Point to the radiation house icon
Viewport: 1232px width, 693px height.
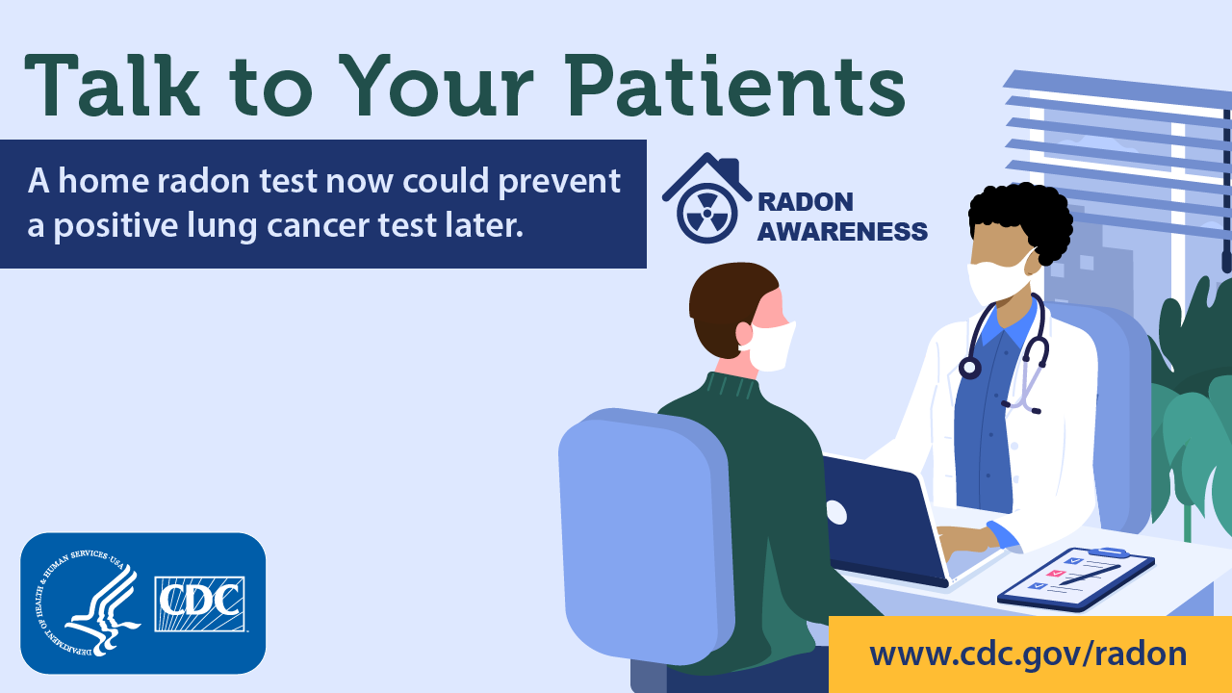pos(706,198)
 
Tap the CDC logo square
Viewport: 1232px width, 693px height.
pos(200,604)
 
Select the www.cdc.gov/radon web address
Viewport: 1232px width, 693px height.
pos(1027,654)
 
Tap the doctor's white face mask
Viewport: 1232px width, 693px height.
pos(997,279)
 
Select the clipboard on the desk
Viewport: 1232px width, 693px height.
pos(1075,577)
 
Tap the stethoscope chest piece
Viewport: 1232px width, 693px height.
pos(969,367)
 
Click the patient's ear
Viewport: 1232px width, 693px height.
pos(744,333)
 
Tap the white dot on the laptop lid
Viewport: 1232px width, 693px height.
pos(835,512)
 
